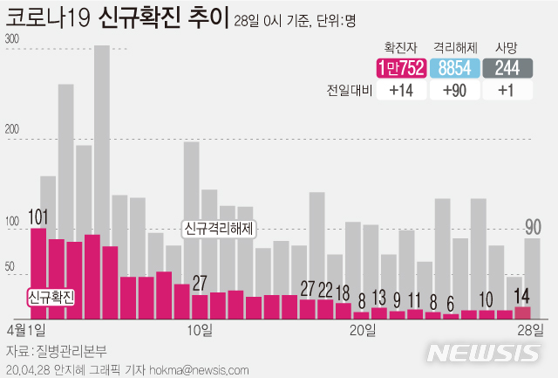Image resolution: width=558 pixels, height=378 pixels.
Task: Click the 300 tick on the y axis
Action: click(12, 39)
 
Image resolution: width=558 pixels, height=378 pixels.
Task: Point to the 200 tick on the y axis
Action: click(12, 131)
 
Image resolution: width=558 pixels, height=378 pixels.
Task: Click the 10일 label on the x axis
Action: click(200, 330)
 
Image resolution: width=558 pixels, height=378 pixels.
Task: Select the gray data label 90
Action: click(533, 227)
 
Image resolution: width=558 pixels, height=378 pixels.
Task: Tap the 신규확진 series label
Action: click(51, 296)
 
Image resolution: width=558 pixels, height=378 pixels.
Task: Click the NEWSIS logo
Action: click(484, 354)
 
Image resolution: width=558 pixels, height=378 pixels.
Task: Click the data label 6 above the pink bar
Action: click(450, 304)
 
